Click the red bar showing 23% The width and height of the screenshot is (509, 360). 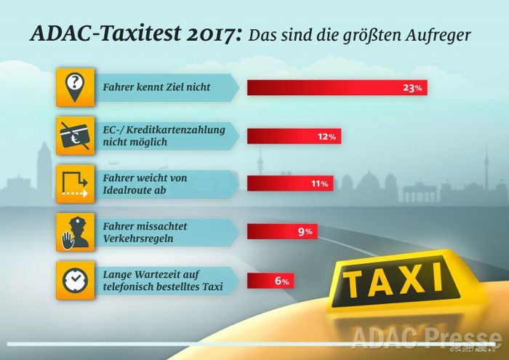337,88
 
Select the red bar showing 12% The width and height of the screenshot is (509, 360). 294,136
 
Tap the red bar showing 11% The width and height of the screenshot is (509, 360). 290,184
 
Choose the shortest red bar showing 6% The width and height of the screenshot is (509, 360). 270,281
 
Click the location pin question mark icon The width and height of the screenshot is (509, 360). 76,87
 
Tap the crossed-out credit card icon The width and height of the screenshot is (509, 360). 76,135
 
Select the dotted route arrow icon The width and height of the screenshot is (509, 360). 76,184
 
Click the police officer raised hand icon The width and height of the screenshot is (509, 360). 76,232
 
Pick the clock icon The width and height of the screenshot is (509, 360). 76,281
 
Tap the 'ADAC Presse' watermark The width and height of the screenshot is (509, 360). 425,337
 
